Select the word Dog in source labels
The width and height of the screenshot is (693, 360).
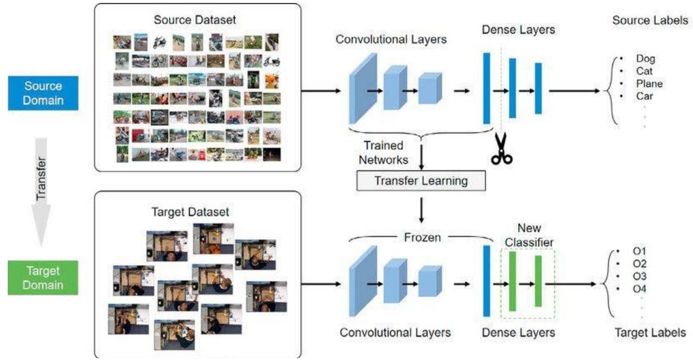645,59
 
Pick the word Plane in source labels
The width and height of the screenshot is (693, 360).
649,84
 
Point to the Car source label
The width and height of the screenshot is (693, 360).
645,96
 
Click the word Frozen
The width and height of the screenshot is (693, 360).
421,238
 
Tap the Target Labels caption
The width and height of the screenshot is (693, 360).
649,333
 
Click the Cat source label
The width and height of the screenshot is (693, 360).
644,71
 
